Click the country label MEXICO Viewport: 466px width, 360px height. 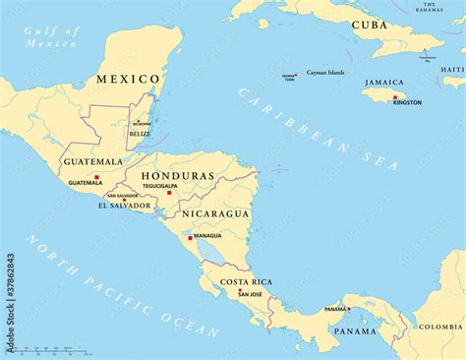coord(128,79)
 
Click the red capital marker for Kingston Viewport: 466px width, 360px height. coord(395,96)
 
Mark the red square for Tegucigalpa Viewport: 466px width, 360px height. coord(169,192)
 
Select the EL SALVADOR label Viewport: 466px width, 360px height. coord(125,206)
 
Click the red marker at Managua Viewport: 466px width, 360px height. coord(190,235)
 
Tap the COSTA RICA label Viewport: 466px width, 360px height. coord(246,282)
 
